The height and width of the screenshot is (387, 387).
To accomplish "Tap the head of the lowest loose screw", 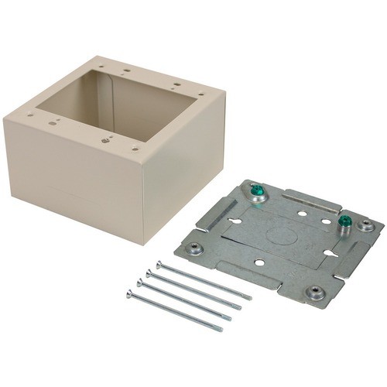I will pos(129,293).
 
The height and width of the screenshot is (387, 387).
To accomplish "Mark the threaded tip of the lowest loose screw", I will pos(221,329).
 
